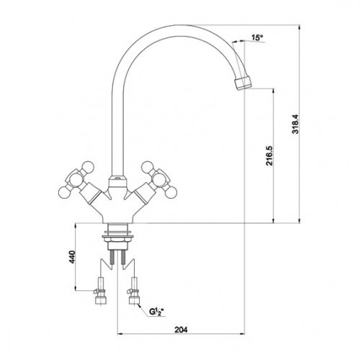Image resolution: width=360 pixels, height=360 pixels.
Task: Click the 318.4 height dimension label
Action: point(295,124)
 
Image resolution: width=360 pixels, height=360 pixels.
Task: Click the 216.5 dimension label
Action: point(269,156)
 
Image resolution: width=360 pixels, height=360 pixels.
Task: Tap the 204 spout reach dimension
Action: point(181,330)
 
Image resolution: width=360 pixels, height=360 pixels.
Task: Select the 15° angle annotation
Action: point(257,37)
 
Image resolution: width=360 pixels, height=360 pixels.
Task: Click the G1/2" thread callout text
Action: point(156,312)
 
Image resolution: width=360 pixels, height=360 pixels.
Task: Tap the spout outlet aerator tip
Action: point(243,83)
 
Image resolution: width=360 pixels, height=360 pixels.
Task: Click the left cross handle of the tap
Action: point(76,181)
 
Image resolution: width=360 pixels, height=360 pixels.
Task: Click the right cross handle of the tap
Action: point(159,181)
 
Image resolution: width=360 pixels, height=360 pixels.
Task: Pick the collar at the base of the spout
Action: point(117,181)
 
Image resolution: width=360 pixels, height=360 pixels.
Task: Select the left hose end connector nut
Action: point(101,300)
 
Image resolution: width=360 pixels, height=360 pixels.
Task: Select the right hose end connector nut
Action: point(134,300)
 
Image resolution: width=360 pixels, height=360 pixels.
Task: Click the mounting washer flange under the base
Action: point(117,236)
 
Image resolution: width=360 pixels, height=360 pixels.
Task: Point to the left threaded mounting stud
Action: point(112,257)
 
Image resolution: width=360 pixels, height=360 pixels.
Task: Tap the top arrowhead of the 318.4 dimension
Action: point(299,27)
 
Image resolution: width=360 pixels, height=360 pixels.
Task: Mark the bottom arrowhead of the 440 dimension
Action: point(76,288)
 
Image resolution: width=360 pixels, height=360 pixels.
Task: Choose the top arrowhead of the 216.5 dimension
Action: point(273,91)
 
